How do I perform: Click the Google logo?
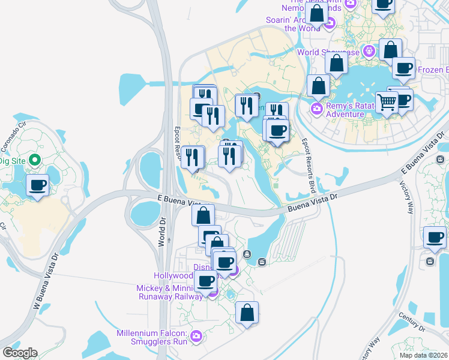19,353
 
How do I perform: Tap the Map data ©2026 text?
423,355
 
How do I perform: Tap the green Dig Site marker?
35,160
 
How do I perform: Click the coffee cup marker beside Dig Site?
38,185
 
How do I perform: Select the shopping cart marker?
387,103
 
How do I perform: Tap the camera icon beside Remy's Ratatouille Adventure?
316,109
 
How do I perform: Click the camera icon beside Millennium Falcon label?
196,338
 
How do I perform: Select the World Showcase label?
328,52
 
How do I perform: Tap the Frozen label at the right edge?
433,70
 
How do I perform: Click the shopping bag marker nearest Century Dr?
247,313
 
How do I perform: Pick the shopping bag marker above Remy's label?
318,86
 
